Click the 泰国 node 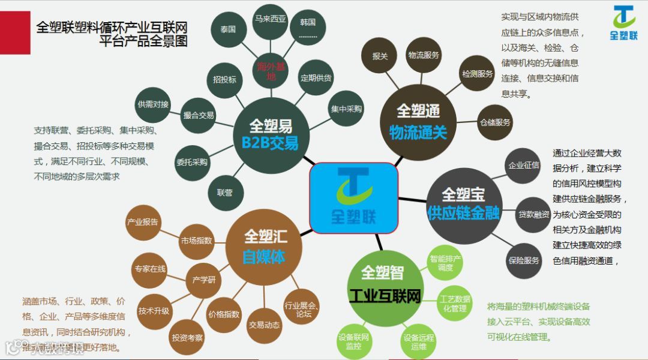pyautogui.click(x=228, y=29)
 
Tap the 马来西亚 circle pyautogui.click(x=270, y=19)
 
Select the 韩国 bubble pyautogui.click(x=307, y=27)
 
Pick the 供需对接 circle pyautogui.click(x=153, y=104)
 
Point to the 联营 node pyautogui.click(x=224, y=193)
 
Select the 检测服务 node pyautogui.click(x=477, y=74)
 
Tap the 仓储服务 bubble pyautogui.click(x=495, y=122)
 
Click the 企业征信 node pyautogui.click(x=523, y=165)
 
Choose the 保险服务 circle pyautogui.click(x=524, y=260)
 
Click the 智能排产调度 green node pyautogui.click(x=445, y=263)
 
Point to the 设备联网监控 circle pyautogui.click(x=353, y=341)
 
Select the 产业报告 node pyautogui.click(x=142, y=222)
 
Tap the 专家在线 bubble pyautogui.click(x=149, y=269)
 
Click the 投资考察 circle pyautogui.click(x=187, y=338)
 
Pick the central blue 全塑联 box pyautogui.click(x=353, y=198)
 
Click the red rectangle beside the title pyautogui.click(x=15, y=32)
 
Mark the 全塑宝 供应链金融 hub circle pyautogui.click(x=463, y=203)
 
